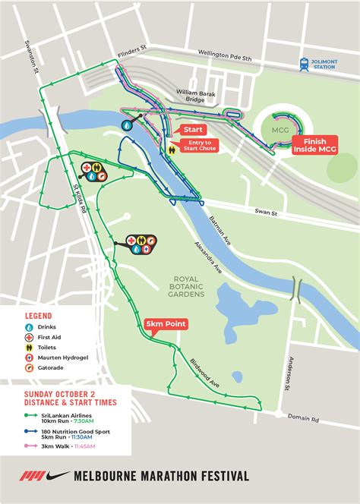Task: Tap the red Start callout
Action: [191, 131]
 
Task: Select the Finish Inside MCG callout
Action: [314, 146]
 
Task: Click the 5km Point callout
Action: [165, 324]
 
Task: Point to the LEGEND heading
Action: [39, 314]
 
